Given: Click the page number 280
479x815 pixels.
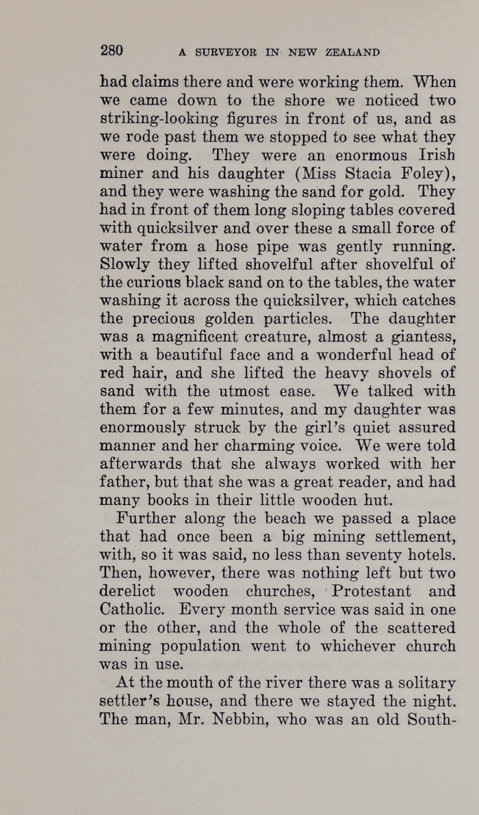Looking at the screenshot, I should pos(112,50).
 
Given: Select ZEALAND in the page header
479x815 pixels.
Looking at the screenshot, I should pos(352,52).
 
